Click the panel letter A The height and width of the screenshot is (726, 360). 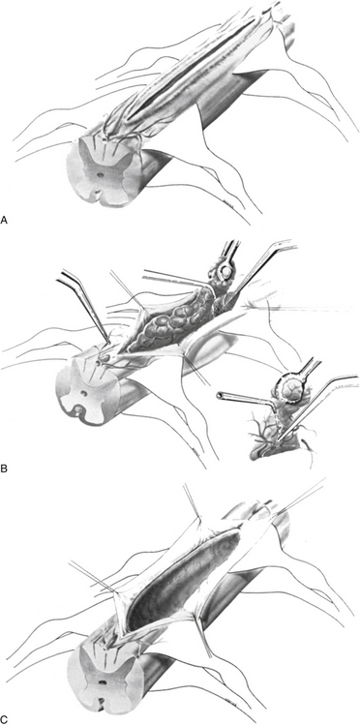click(x=4, y=220)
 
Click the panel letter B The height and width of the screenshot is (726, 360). click(x=4, y=469)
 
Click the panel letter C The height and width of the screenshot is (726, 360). click(x=4, y=719)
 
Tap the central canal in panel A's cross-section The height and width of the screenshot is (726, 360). click(x=101, y=176)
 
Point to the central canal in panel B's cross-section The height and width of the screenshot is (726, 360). click(x=85, y=394)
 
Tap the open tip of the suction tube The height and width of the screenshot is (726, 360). click(x=219, y=395)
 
